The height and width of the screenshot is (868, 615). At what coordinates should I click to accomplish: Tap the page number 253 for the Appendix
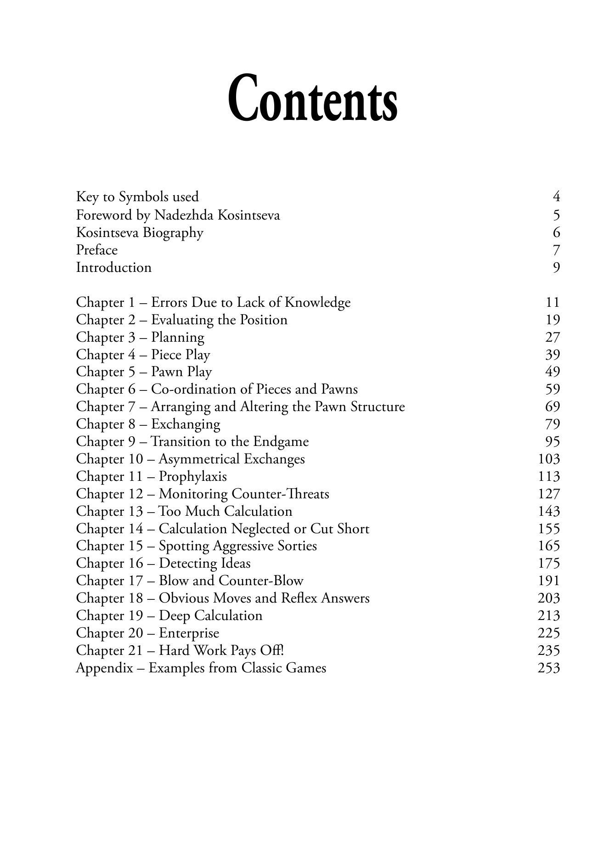pos(548,668)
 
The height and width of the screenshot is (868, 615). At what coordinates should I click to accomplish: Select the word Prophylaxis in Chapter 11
pos(192,477)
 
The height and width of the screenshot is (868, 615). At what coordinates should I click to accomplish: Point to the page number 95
pos(553,442)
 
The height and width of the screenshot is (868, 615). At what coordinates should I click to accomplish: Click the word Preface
pos(96,250)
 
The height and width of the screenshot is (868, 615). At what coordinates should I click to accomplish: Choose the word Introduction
pos(113,268)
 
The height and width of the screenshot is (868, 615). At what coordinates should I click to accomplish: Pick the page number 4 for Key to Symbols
pos(556,197)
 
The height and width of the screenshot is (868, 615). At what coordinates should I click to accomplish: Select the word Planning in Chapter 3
pos(177,338)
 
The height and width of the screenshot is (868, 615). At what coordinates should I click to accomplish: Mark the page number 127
pos(548,494)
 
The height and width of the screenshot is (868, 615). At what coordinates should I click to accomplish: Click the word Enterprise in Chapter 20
pos(189,633)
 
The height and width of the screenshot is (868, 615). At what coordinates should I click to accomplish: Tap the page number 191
pos(548,581)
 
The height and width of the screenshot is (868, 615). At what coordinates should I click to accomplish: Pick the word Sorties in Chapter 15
pos(297,546)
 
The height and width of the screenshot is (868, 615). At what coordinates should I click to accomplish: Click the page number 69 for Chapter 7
pos(553,407)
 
